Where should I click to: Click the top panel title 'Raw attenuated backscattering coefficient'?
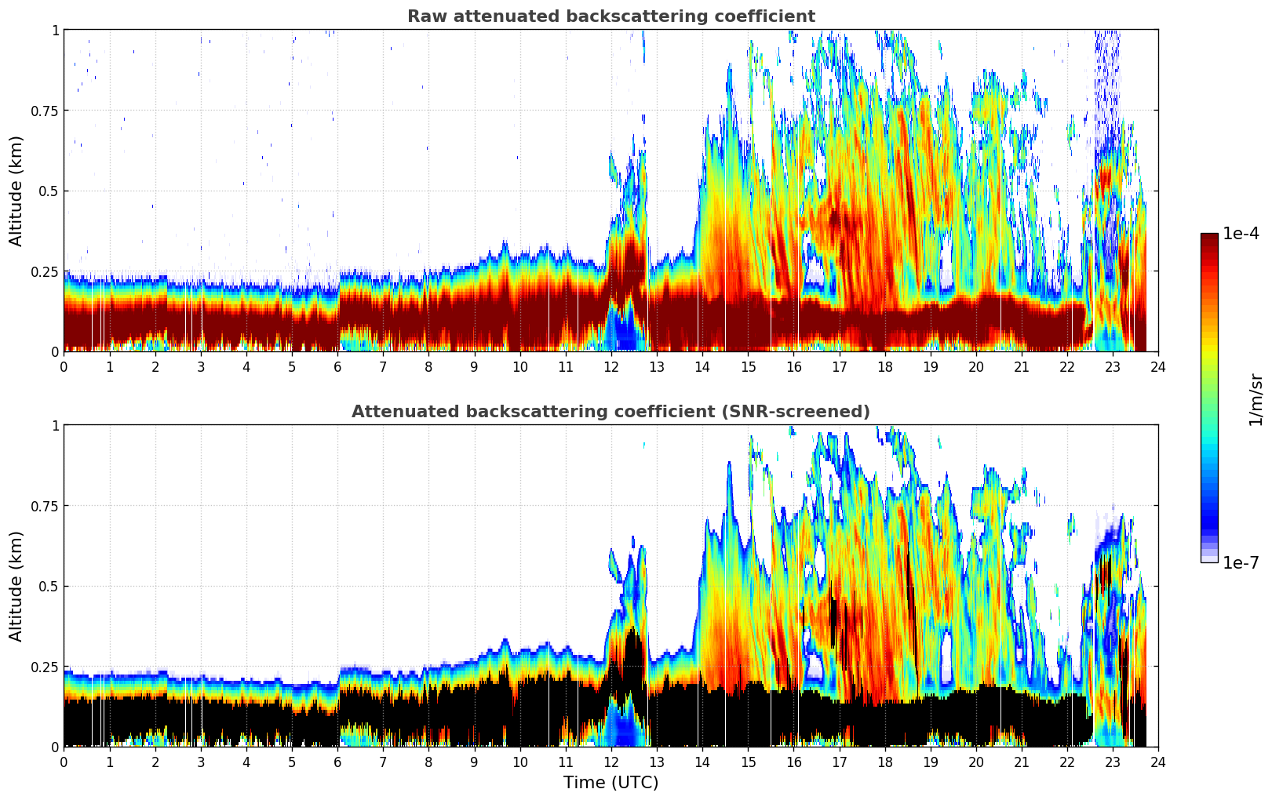point(610,16)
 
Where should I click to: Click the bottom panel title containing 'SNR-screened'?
point(610,412)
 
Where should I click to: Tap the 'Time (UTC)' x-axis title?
point(610,783)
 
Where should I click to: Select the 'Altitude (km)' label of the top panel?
point(16,191)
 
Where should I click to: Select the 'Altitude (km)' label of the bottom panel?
point(16,586)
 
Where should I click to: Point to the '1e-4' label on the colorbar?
point(1241,233)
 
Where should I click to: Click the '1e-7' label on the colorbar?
point(1241,562)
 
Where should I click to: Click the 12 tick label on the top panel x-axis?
point(610,367)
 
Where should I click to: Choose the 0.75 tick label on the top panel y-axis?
point(45,111)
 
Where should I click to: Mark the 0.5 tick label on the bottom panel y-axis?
point(49,586)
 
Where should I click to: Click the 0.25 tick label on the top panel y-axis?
point(45,271)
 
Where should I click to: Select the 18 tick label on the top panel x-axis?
point(884,367)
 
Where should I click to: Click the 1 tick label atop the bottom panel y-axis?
point(55,425)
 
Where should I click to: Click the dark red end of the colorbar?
point(1209,238)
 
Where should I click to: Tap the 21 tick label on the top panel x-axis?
point(1021,367)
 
